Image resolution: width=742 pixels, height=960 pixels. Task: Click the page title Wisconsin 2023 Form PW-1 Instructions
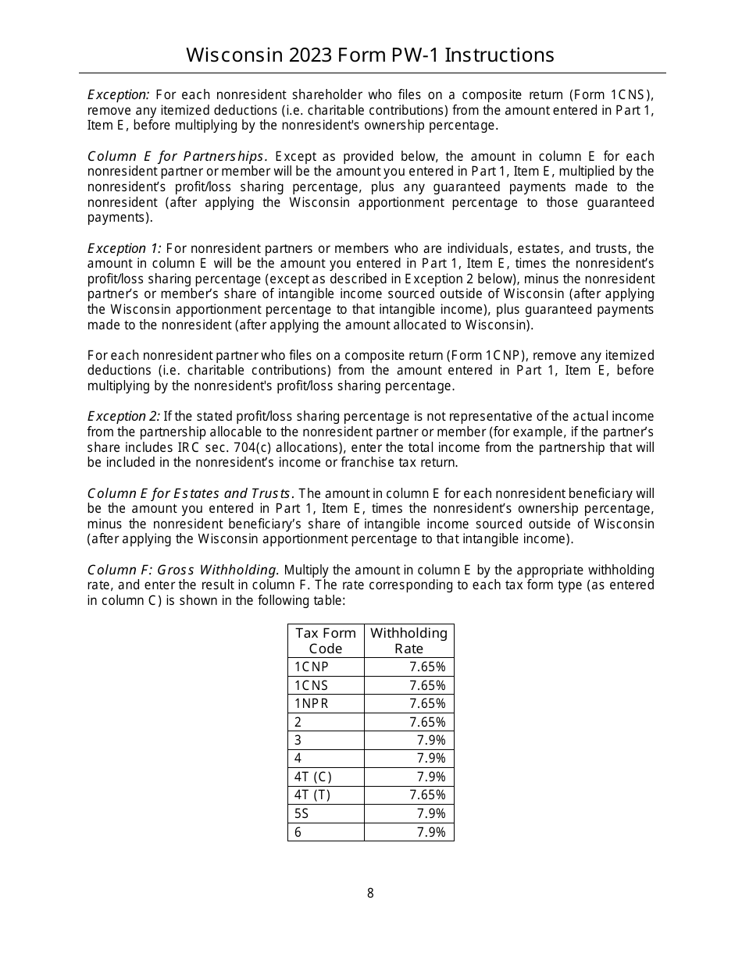click(370, 55)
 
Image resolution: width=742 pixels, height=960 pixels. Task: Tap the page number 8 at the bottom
click(370, 894)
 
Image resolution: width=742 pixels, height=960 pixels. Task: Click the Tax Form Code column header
click(326, 641)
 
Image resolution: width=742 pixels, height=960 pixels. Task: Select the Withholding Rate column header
click(408, 641)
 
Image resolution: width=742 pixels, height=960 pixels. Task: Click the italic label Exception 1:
click(124, 249)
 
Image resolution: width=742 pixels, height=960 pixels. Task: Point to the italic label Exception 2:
click(123, 417)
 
